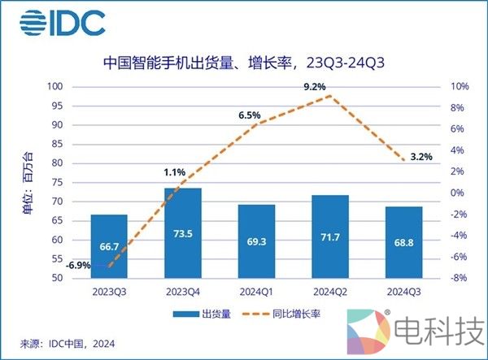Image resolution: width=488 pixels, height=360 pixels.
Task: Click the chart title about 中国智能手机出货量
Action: coord(243,62)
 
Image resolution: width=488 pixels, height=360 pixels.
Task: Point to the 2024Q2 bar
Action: coord(330,236)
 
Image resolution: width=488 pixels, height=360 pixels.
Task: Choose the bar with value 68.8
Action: coord(404,242)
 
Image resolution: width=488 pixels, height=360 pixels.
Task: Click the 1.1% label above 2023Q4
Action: coord(176,172)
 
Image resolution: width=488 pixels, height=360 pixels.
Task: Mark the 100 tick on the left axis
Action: coord(54,86)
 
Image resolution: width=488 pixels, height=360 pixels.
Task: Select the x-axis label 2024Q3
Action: coord(404,290)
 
